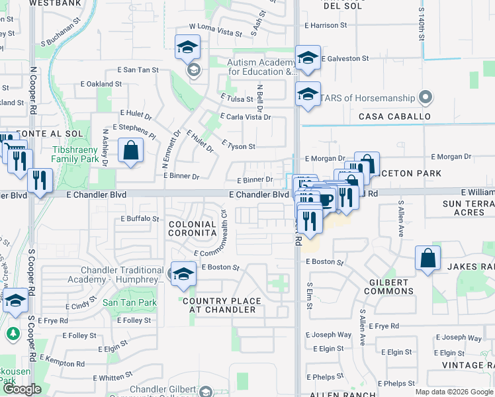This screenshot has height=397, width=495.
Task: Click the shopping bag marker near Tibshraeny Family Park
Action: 131,150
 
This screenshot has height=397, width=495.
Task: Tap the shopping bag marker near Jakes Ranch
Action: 428,259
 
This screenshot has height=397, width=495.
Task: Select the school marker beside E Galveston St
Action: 308,58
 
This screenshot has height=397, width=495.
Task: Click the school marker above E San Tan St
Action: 187,47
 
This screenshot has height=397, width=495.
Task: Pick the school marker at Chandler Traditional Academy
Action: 183,275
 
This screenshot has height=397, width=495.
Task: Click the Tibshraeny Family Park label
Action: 75,155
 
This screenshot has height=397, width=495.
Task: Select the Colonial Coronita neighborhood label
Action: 193,229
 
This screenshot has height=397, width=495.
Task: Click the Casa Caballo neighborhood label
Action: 394,116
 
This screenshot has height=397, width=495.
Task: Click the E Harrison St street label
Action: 331,25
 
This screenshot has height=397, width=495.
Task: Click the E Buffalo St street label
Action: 140,218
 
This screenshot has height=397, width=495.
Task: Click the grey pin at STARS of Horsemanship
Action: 426,99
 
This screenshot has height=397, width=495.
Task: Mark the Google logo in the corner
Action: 22,389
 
